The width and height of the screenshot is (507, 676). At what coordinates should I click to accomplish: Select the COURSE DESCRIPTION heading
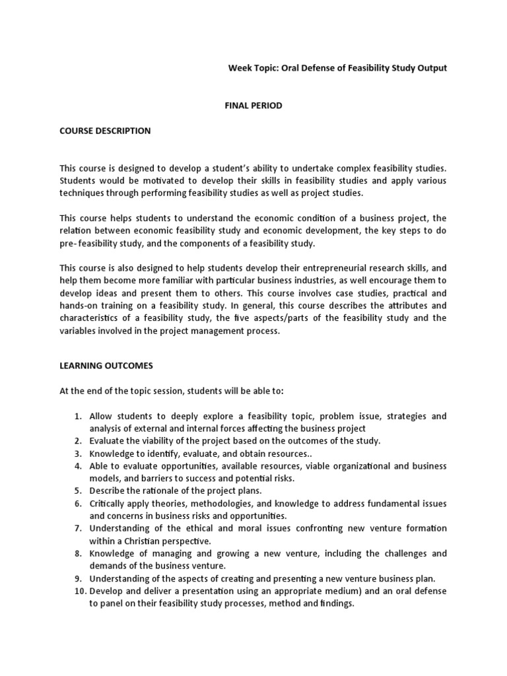pyautogui.click(x=105, y=131)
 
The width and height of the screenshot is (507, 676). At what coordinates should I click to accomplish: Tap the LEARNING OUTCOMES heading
pyautogui.click(x=106, y=365)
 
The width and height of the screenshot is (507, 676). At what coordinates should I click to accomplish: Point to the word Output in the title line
pyautogui.click(x=432, y=68)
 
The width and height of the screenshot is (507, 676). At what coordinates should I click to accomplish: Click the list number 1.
pyautogui.click(x=77, y=416)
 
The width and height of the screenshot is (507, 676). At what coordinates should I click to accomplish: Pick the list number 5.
pyautogui.click(x=77, y=490)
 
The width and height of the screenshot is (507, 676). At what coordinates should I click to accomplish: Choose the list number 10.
pyautogui.click(x=75, y=591)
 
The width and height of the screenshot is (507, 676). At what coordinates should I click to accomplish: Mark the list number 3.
pyautogui.click(x=77, y=454)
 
